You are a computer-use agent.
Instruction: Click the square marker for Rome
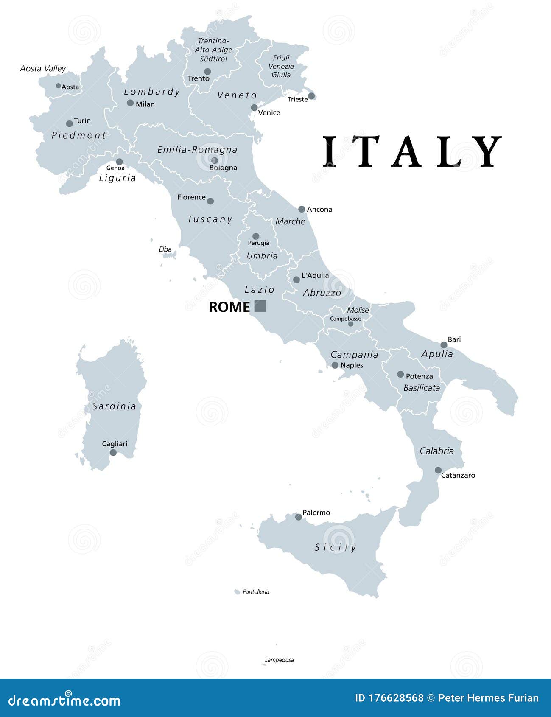[260, 306]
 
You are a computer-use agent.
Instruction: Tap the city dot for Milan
[130, 103]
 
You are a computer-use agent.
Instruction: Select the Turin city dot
[69, 124]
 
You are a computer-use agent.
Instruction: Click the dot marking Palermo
[299, 517]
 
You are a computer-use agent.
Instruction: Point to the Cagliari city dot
[113, 452]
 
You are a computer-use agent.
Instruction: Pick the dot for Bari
[444, 345]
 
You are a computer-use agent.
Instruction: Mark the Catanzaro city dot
[438, 470]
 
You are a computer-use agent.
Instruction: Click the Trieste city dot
[311, 96]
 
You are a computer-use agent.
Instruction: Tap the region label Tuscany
[210, 219]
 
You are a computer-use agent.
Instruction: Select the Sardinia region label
[115, 406]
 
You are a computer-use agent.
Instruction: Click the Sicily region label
[335, 547]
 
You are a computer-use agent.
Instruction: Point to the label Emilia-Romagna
[197, 149]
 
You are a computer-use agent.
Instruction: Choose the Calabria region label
[436, 451]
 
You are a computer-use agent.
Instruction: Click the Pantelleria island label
[256, 591]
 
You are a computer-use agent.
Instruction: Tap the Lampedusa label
[279, 660]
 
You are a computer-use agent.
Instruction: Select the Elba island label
[165, 249]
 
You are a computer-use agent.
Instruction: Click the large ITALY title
[411, 151]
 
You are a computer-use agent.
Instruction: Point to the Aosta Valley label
[43, 69]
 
